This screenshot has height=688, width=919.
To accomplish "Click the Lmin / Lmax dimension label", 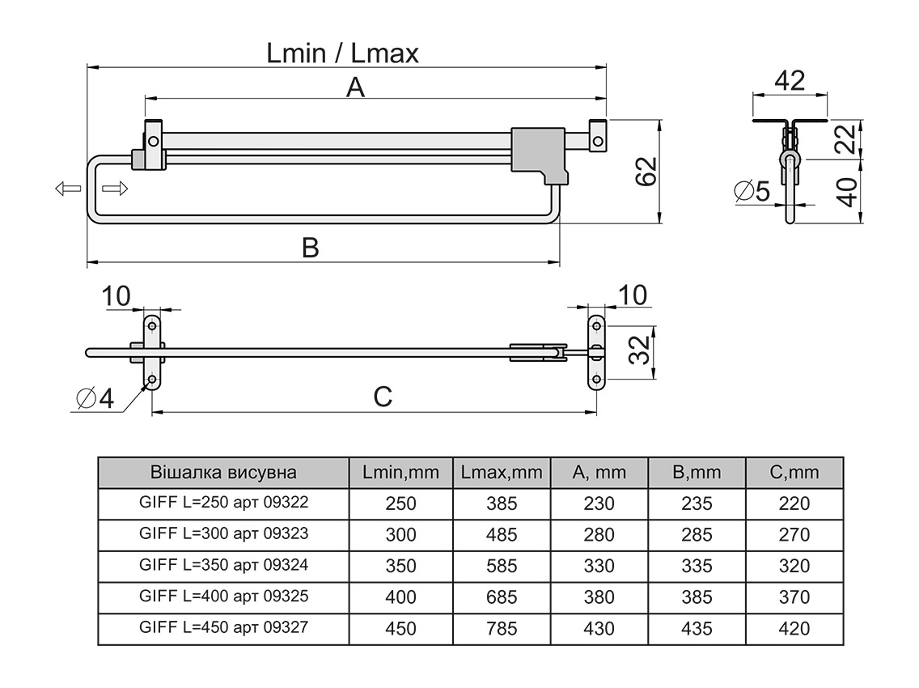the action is click(x=343, y=53).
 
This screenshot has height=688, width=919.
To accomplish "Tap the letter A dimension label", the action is click(x=355, y=87).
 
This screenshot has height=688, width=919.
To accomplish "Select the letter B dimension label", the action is click(x=310, y=248).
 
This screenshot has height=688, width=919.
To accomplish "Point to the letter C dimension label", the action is click(x=383, y=397).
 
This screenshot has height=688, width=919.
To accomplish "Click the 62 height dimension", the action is click(x=647, y=172).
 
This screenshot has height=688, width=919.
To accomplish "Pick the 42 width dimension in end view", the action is click(x=790, y=81).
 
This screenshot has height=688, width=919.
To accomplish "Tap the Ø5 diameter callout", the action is click(x=752, y=191).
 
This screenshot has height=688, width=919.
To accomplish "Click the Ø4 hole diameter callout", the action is click(x=95, y=399).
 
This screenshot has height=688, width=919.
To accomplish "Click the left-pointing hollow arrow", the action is click(x=68, y=189).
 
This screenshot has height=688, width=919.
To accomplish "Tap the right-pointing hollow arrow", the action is click(x=115, y=189).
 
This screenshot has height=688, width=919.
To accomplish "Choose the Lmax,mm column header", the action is click(x=502, y=472).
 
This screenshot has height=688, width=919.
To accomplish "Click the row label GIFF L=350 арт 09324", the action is click(x=224, y=565).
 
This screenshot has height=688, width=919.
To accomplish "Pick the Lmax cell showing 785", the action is click(x=502, y=628).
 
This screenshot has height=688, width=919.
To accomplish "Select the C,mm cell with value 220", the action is click(x=794, y=503).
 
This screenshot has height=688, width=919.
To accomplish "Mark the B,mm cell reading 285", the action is click(x=697, y=534).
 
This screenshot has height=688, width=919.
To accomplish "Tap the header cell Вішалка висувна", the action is click(x=224, y=472).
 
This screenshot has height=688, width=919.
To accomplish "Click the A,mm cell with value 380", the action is click(x=599, y=597).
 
